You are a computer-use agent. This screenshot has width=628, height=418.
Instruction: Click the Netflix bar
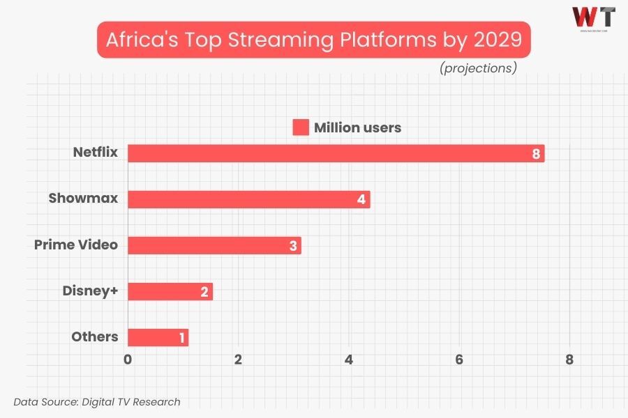coord(335,153)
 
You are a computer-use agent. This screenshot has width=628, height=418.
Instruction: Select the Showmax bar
coord(248,199)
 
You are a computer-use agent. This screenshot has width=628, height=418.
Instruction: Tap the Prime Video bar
coord(214,245)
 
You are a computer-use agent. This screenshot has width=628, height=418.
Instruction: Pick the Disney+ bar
coord(170,291)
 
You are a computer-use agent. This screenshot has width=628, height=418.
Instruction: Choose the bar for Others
coord(158,337)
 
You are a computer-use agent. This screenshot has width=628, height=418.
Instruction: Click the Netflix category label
coord(96,153)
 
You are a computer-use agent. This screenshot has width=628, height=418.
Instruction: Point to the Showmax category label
coord(83,199)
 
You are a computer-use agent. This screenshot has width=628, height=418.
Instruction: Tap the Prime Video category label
coord(76,245)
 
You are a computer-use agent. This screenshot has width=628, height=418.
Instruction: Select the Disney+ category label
coord(89,291)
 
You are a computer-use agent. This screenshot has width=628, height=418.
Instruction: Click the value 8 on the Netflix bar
coord(536,154)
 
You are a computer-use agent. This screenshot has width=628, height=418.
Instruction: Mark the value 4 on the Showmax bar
coord(361,200)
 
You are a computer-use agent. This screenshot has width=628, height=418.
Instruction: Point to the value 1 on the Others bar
coord(182,339)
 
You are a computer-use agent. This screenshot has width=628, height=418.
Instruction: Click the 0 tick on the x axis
coord(128,359)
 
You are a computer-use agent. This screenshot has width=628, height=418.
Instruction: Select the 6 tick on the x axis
coord(459,359)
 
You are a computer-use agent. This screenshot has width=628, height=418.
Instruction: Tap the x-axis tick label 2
coord(238,359)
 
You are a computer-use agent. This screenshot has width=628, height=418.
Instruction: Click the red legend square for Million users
coord(300,127)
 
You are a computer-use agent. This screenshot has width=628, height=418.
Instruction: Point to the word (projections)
coord(478,68)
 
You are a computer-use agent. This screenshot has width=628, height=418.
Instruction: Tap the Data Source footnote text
coord(97,401)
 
